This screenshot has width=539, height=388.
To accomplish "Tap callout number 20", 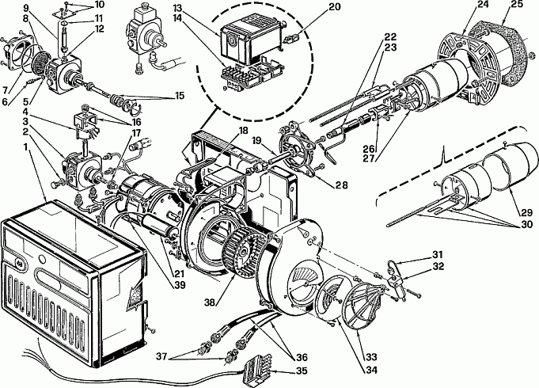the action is coord(333,7).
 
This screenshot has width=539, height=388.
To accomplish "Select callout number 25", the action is coord(516,4).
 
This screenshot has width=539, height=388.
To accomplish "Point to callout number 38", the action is coord(210,302).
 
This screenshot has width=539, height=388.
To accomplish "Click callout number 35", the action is coord(301,371).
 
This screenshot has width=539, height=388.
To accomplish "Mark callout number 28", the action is coord(342,185).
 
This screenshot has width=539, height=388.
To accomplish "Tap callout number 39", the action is coord(180,285).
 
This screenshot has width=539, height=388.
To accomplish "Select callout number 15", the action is coord(179,96).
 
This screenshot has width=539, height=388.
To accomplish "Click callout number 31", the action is coord(437,255).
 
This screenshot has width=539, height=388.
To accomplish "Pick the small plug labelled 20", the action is coord(290,39).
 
